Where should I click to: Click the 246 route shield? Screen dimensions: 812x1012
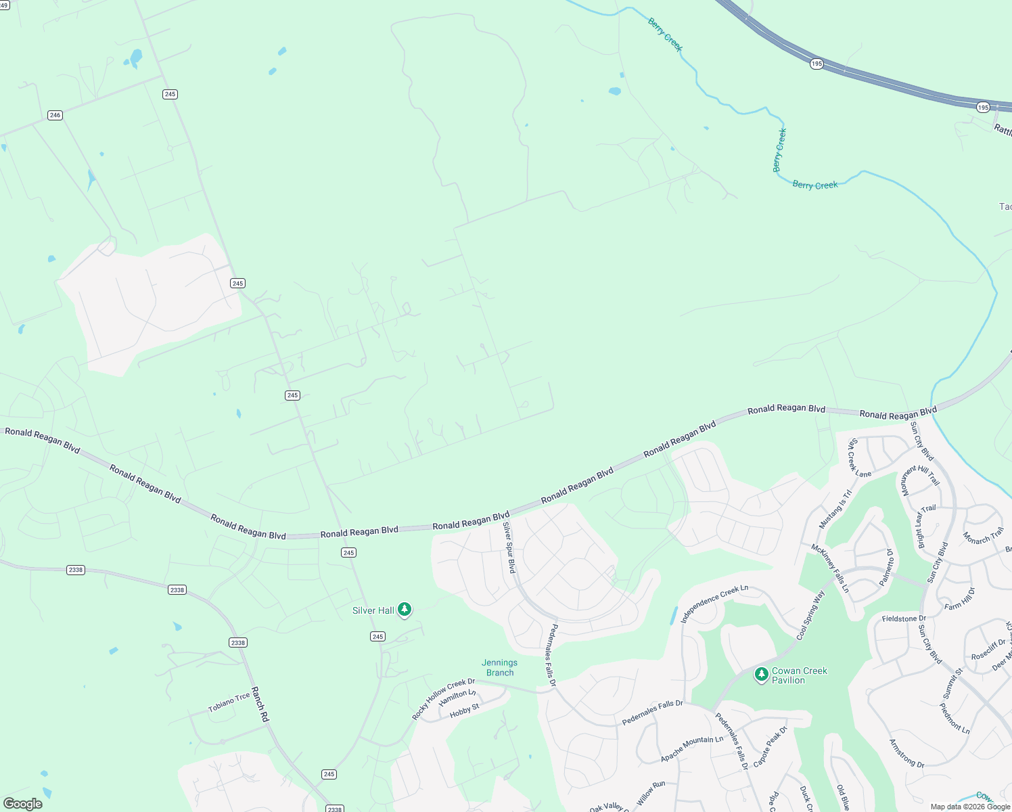tap(55, 115)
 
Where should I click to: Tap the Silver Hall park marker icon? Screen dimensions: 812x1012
tap(405, 610)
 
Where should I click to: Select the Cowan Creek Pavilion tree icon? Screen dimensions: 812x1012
tap(762, 674)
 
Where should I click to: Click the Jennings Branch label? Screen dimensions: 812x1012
tap(500, 668)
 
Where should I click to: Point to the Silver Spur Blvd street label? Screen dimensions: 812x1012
tap(509, 547)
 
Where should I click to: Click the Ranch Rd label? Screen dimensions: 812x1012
tap(260, 704)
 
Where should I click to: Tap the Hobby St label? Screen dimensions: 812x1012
tap(465, 710)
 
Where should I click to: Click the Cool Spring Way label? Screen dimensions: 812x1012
tap(810, 616)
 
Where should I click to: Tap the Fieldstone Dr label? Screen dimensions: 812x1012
tap(904, 618)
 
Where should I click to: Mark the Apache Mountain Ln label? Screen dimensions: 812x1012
tap(692, 749)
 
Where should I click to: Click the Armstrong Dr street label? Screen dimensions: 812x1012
tap(906, 754)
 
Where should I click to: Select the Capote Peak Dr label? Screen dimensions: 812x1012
tap(770, 746)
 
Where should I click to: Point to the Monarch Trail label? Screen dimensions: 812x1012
tap(984, 536)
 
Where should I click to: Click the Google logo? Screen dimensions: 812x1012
tap(23, 804)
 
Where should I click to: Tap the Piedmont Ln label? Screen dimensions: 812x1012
tap(954, 719)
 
